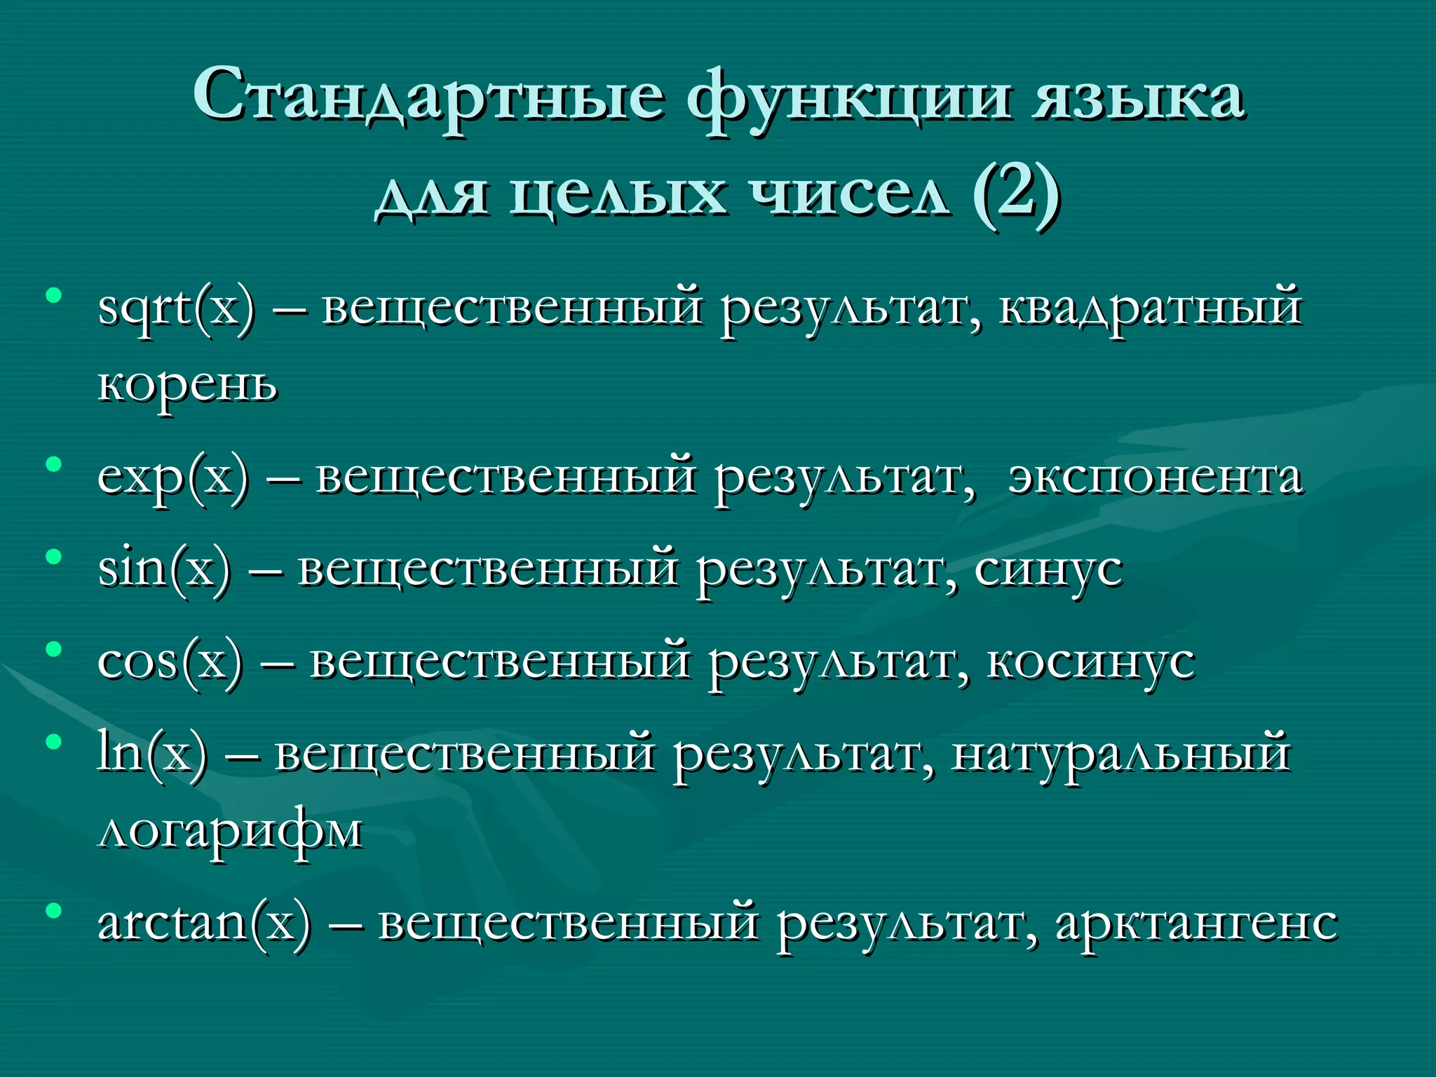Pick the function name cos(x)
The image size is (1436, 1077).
coord(170,662)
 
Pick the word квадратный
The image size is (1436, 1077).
coord(1150,309)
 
